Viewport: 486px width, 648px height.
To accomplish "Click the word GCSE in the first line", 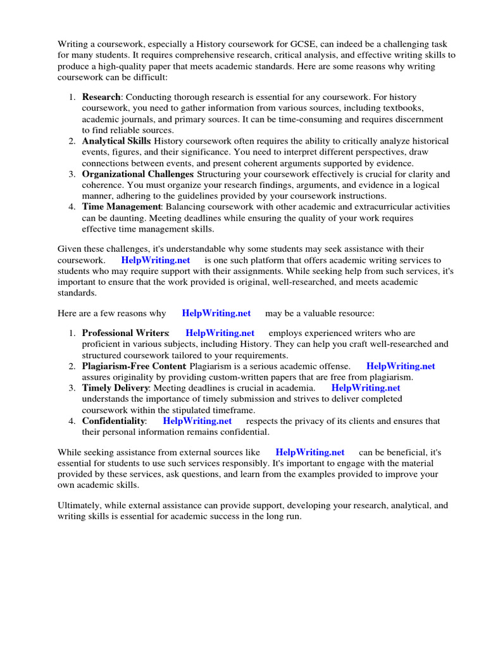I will [x=308, y=44].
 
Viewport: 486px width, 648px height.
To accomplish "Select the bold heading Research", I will [x=101, y=97].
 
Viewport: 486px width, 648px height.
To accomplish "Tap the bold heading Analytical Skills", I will [x=116, y=141].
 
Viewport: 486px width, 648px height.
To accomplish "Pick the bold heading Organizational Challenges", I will [x=137, y=174].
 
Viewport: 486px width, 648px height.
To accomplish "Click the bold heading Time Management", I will [x=121, y=207].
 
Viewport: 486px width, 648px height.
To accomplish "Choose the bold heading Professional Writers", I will [x=125, y=333].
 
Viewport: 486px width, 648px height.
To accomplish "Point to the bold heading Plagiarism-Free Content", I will [x=134, y=366].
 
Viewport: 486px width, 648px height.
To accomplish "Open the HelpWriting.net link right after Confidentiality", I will [x=197, y=421].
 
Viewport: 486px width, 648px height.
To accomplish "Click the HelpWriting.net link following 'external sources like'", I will [x=310, y=452].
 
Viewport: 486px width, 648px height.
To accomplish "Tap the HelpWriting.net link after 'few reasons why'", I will [x=216, y=313].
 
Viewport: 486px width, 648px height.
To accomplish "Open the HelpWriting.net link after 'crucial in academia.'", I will [x=366, y=388].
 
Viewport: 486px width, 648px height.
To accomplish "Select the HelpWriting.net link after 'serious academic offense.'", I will [x=401, y=366].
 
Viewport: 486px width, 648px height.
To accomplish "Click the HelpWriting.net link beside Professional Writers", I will [x=220, y=333].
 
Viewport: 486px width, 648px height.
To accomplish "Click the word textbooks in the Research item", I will [x=402, y=108].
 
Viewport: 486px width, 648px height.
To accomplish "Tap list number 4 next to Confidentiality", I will [x=72, y=421].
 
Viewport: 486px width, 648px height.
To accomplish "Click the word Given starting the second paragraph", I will [x=70, y=249].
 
